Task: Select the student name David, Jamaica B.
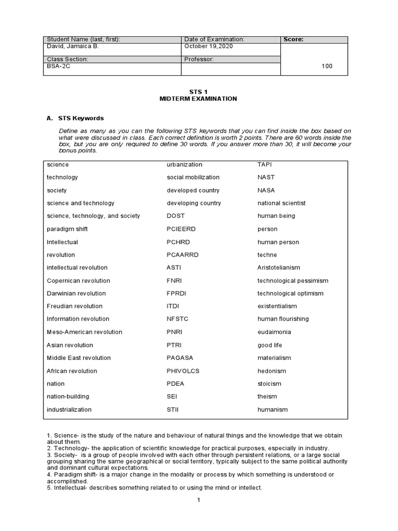coord(73,46)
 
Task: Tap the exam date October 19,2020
coord(209,46)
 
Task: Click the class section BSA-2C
coord(59,66)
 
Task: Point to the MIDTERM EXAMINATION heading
coord(198,99)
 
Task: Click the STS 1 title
coord(198,91)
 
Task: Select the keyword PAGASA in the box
coord(179,358)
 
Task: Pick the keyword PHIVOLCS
coord(183,371)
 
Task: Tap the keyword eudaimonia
coord(274,332)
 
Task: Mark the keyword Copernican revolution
coord(78,281)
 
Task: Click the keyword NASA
coord(266,190)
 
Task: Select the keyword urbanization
coord(184,164)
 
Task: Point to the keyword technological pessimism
coord(293,281)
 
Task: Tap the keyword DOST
coord(176,216)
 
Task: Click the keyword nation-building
coord(68,396)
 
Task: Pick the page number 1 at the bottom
coord(198,500)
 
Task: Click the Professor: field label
coord(199,59)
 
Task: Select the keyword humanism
coord(273,409)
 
